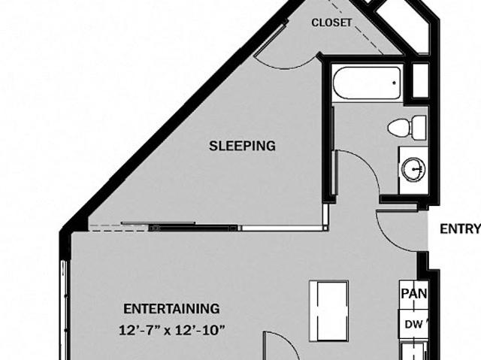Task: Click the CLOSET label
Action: (331, 23)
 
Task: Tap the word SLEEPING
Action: (242, 146)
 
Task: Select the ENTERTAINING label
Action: (171, 309)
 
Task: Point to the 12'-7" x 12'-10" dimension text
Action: (172, 331)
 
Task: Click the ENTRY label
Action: (460, 228)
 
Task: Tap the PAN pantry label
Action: (414, 293)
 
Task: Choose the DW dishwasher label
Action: (414, 324)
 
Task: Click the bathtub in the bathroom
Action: (368, 82)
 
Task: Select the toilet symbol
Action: (407, 128)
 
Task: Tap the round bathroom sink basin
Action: (413, 169)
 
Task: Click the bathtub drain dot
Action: (394, 82)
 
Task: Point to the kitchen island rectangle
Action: (329, 311)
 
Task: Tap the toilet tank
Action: (419, 128)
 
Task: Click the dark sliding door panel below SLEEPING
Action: (193, 228)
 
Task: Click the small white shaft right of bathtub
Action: (420, 80)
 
